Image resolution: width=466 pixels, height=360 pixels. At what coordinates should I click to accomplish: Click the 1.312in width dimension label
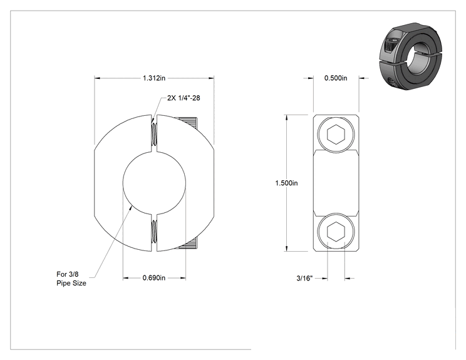(x=154, y=78)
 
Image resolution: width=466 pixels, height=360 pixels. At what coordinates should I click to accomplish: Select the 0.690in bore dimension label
(x=154, y=278)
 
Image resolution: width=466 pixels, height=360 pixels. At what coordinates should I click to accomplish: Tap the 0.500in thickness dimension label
(x=336, y=78)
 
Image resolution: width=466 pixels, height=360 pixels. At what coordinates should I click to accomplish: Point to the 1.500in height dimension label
(x=286, y=183)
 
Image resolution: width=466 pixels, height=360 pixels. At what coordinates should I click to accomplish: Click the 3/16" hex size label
(x=304, y=279)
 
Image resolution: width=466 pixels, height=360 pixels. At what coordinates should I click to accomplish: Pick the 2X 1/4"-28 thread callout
(x=184, y=98)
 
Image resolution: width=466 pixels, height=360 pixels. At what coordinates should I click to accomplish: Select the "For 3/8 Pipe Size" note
(x=71, y=279)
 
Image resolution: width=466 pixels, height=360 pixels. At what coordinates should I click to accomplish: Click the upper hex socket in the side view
(x=336, y=135)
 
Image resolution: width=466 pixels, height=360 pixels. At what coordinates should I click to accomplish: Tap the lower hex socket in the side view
(x=336, y=231)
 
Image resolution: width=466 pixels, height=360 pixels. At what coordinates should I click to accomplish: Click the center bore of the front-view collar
(x=154, y=183)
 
